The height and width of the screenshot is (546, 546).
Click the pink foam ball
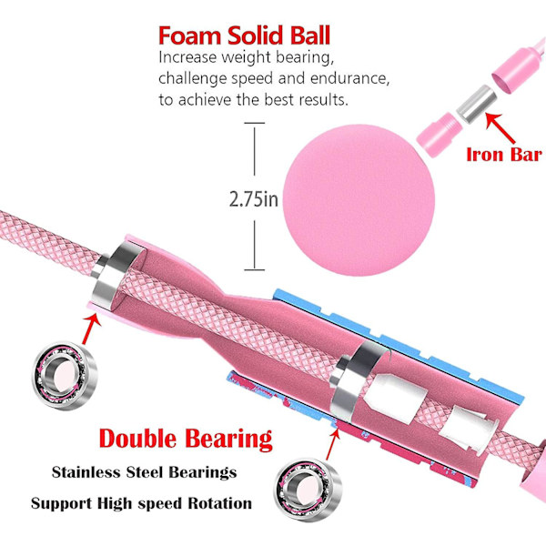pyautogui.click(x=359, y=200)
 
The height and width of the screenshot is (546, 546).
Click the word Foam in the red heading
pyautogui.click(x=190, y=35)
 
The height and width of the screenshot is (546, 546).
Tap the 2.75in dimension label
pyautogui.click(x=254, y=199)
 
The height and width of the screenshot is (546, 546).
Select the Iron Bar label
pyautogui.click(x=504, y=155)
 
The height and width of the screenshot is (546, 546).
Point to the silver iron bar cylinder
pyautogui.click(x=476, y=104)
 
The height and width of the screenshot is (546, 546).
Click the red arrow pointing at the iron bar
pyautogui.click(x=500, y=128)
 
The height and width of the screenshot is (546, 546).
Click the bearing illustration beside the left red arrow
pyautogui.click(x=65, y=375)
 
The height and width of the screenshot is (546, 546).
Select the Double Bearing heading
pyautogui.click(x=186, y=439)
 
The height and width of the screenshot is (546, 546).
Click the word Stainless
pyautogui.click(x=86, y=472)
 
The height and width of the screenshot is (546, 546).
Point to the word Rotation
pyautogui.click(x=219, y=503)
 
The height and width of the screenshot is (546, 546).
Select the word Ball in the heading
pyautogui.click(x=310, y=35)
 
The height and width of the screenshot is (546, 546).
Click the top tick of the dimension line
pyautogui.click(x=254, y=123)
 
